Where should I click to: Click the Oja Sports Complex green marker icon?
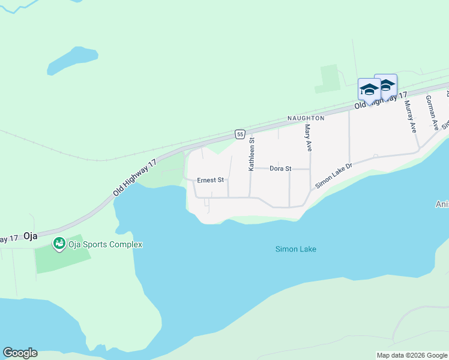pos(59,244)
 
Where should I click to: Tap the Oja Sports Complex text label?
pos(105,244)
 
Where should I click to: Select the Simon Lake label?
pos(295,249)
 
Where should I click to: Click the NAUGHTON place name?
pos(306,118)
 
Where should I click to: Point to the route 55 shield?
pos(240,134)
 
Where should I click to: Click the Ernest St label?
pos(210,179)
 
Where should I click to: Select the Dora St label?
pos(280,169)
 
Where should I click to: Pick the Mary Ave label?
pos(309,137)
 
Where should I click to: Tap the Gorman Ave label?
pos(432,112)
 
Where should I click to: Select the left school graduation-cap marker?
pos(369,91)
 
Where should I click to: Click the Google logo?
pos(20,353)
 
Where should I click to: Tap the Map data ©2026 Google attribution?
pos(412,355)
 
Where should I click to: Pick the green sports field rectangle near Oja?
pos(62,255)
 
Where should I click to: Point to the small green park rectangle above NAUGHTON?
pos(328,78)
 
